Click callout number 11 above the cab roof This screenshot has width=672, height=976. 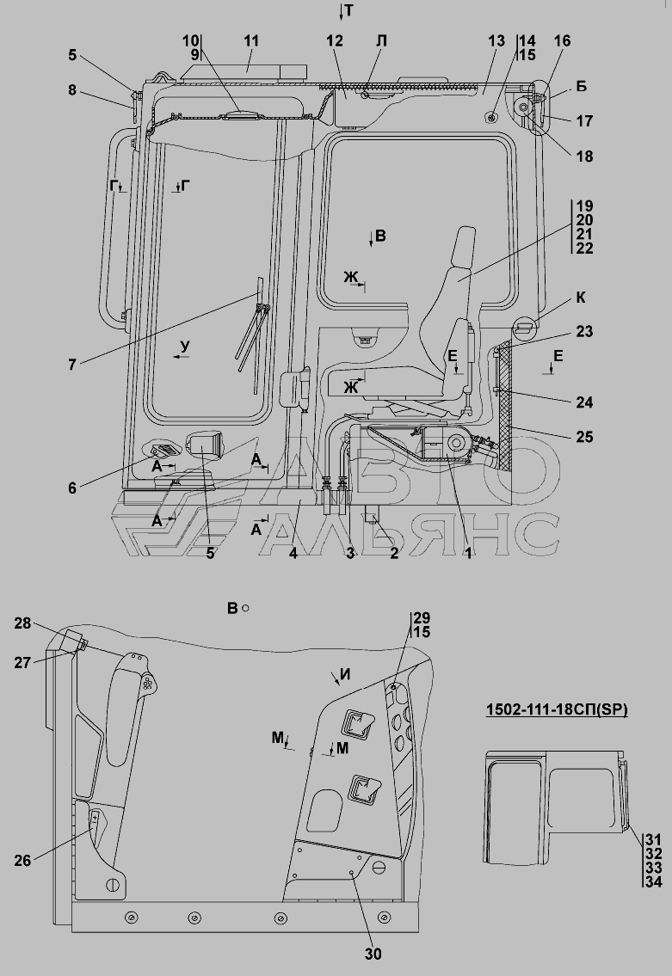pos(251,41)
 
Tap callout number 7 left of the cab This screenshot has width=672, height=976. pos(72,365)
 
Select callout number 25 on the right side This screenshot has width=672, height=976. pos(584,437)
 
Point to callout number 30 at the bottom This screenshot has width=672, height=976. pos(373,954)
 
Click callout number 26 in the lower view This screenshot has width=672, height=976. pos(22,861)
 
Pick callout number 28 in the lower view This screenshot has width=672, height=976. pos(23,623)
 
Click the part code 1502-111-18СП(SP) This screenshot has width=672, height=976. pos(556,709)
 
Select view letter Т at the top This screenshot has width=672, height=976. pos(348,10)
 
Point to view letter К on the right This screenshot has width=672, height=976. pos(581,298)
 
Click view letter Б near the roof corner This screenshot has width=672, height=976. pos(581,87)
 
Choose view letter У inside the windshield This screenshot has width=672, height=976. pos(184,347)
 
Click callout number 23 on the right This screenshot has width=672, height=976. pos(584,332)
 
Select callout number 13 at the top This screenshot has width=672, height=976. pos(496,41)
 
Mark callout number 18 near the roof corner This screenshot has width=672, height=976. pos(584,157)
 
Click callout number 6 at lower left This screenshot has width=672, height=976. pos(72,488)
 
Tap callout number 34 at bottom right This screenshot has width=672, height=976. pos(653,881)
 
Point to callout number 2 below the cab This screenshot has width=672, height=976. pos(393,553)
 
